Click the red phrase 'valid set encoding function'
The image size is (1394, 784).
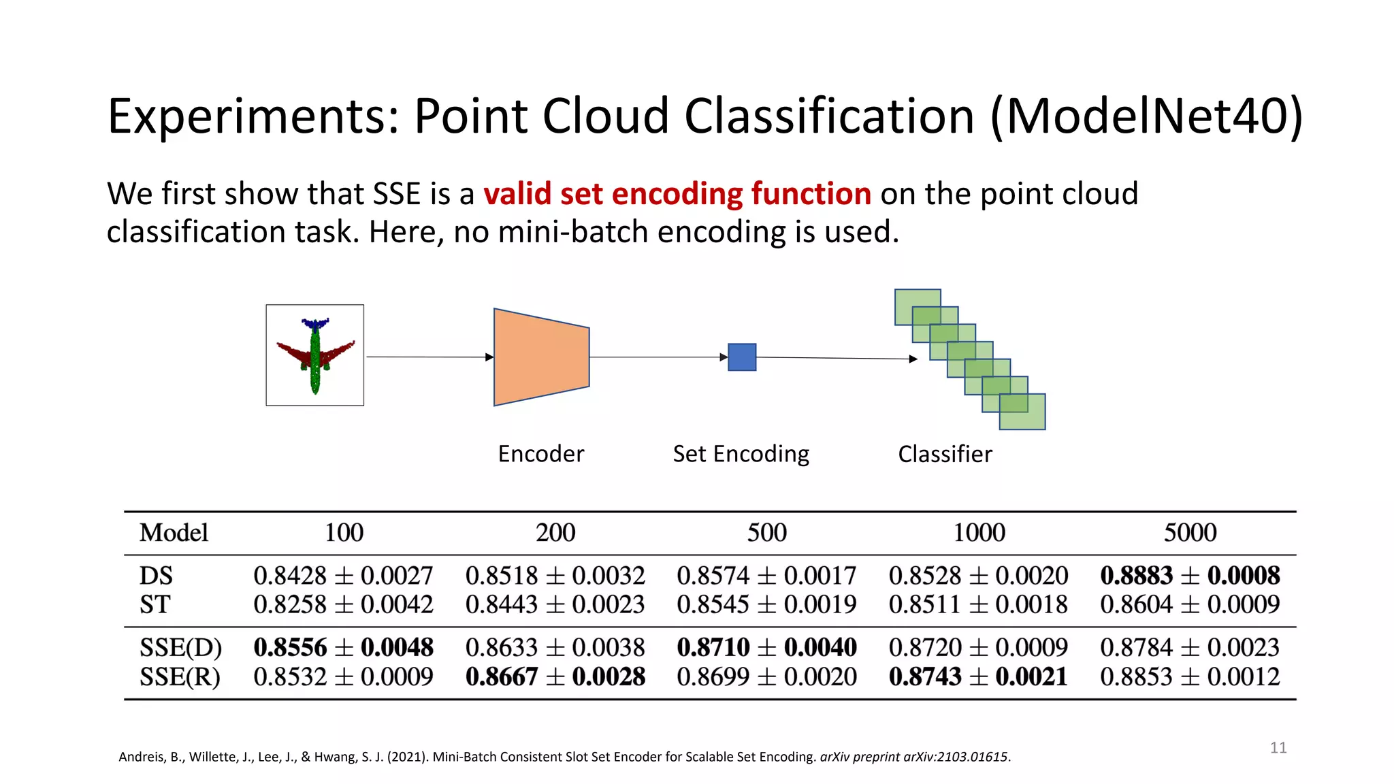[x=677, y=194]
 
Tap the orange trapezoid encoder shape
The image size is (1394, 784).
[x=541, y=357]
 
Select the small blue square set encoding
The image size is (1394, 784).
[x=742, y=357]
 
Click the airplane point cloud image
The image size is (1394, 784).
[x=314, y=355]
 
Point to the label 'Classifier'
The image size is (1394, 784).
[x=945, y=454]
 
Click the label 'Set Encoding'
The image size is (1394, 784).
[x=741, y=454]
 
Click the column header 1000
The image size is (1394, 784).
[x=978, y=533]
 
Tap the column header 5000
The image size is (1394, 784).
[x=1190, y=533]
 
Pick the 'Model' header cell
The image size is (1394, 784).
[x=174, y=533]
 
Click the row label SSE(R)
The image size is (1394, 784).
[x=180, y=677]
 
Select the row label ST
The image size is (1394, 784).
[x=155, y=604]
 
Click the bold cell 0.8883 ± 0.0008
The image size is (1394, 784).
[x=1190, y=576]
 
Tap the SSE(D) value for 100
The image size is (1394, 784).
[x=343, y=647]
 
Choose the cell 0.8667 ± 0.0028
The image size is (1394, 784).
[x=555, y=677]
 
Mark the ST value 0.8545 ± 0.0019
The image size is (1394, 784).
[x=766, y=604]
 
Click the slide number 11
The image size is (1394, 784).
[x=1278, y=748]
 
